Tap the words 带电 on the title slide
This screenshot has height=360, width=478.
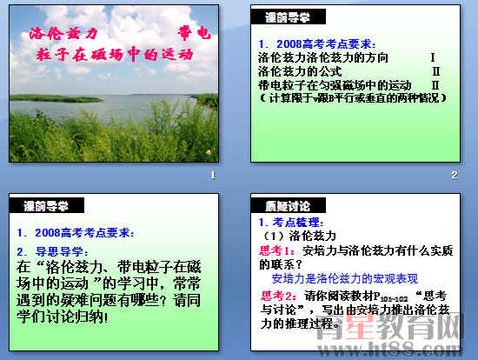click(x=193, y=34)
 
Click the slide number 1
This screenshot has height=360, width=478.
click(x=211, y=177)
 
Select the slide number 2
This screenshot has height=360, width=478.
click(x=454, y=177)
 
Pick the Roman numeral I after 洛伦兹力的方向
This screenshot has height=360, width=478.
click(x=432, y=57)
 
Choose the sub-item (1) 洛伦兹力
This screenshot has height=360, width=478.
click(x=299, y=236)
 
